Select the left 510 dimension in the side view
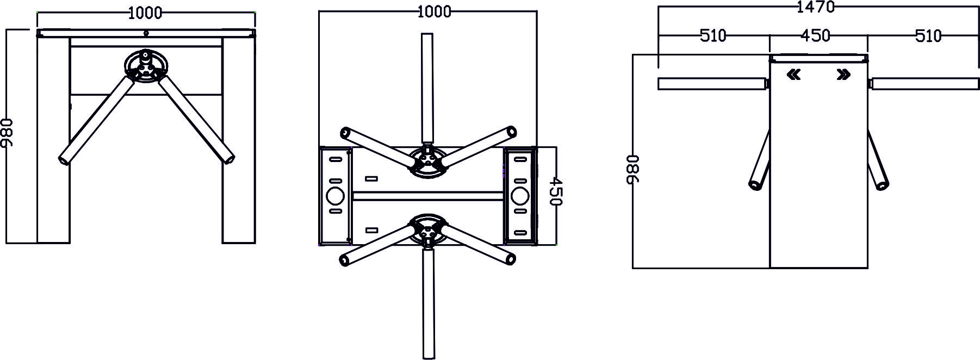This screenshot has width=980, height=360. pos(712,36)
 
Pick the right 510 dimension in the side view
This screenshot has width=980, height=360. pos(928,36)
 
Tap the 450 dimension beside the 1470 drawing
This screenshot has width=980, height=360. pos(816,36)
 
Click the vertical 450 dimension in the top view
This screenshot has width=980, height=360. pos(554,190)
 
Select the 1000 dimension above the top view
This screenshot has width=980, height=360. pos(434,11)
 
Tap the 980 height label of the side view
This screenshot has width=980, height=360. pos(634,170)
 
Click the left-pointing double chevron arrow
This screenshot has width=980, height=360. pos(794,75)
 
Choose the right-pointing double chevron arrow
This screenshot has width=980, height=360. pos(843,75)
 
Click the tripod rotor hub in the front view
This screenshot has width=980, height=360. pos(146,67)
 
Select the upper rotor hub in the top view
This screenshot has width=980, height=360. pos(428,162)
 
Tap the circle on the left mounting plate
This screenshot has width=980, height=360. pos(335,195)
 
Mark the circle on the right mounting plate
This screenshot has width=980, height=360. pos(520,195)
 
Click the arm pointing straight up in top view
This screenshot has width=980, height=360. pos(427,87)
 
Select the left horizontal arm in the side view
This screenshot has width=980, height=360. pos(711,84)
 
